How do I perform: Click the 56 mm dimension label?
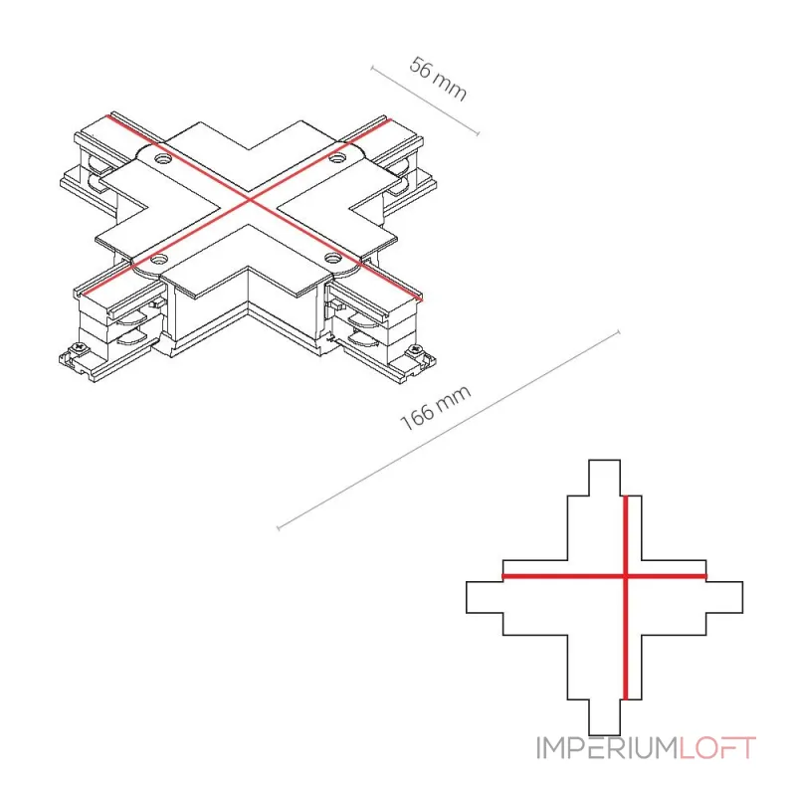point(438,80)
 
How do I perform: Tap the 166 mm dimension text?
point(436,408)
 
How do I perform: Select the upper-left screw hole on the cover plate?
point(163,159)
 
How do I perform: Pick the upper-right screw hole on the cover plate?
point(334,158)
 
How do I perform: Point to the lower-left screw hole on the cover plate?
point(159,260)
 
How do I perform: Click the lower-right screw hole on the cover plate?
point(333,258)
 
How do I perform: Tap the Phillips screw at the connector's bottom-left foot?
point(81,349)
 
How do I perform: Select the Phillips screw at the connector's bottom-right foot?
point(416,350)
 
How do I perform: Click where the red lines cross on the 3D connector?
point(250,201)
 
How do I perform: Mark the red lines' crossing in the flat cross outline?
point(626,576)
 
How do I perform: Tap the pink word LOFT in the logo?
point(717,748)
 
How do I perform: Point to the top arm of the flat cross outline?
point(605,478)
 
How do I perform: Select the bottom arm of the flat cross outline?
point(605,716)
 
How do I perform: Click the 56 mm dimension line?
point(425,100)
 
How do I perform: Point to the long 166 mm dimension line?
point(449,431)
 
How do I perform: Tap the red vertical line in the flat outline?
point(626,598)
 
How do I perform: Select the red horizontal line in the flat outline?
point(604,576)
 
